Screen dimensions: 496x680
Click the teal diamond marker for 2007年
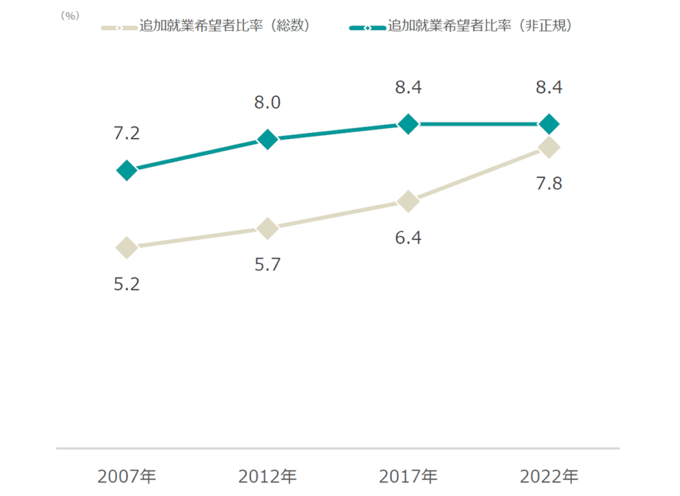click(126, 170)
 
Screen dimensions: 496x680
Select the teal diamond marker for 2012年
click(267, 139)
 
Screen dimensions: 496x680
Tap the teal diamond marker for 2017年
click(408, 124)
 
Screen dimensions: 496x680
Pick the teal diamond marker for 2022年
click(549, 124)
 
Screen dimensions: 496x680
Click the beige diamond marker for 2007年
click(126, 247)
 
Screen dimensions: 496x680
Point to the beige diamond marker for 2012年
click(267, 228)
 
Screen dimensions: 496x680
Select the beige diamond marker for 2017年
click(408, 201)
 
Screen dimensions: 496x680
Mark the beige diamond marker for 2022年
click(549, 147)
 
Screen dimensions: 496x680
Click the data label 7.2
click(126, 134)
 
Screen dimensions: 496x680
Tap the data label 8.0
click(267, 102)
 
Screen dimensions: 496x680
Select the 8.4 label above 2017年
click(408, 87)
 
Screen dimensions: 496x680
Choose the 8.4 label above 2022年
click(549, 87)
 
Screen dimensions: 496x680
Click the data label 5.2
click(126, 284)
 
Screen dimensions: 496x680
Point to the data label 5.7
click(267, 265)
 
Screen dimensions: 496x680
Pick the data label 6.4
click(408, 237)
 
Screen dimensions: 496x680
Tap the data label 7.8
click(549, 184)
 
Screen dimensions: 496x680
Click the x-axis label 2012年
click(267, 477)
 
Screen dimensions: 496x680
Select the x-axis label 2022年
click(549, 477)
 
